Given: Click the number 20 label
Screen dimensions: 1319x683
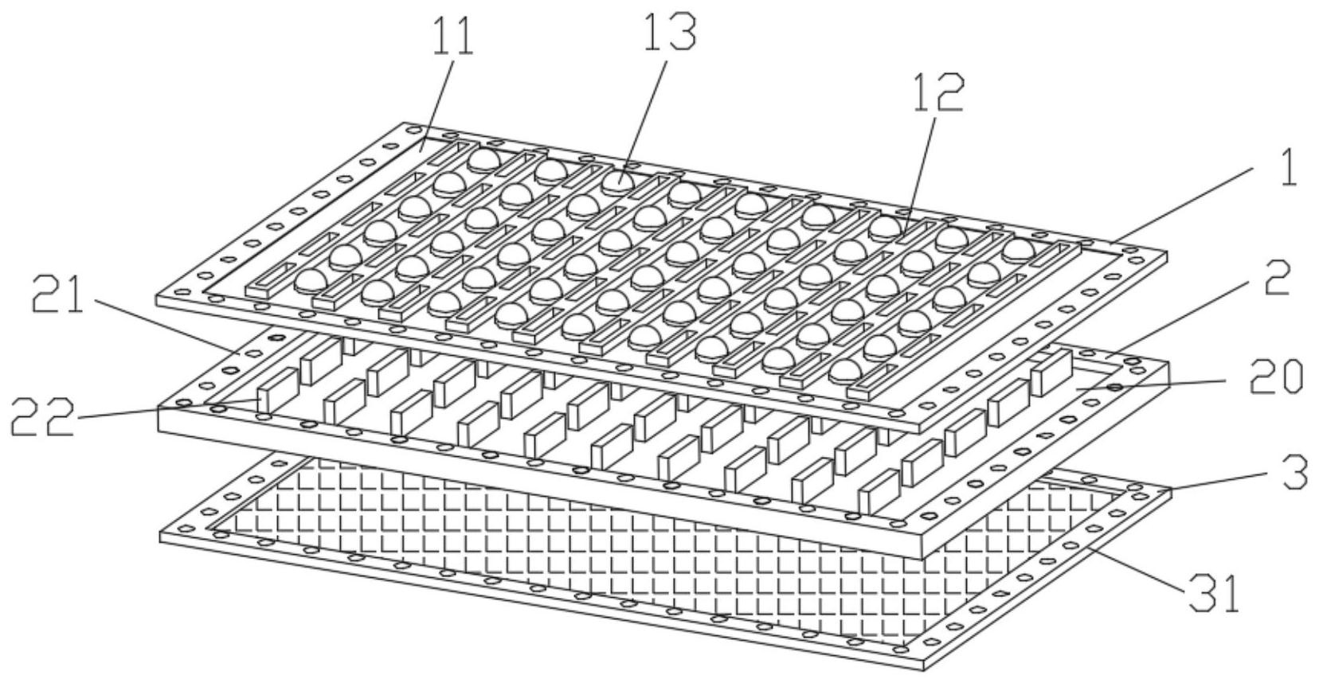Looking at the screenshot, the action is coord(1275,377).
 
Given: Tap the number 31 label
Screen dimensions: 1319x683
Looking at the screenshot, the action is coord(1214,594).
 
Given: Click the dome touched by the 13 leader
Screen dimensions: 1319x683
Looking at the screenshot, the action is coord(619,182).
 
